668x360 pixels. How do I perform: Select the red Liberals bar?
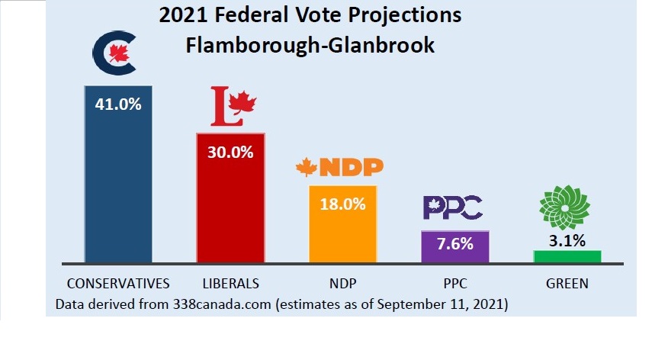point(230,206)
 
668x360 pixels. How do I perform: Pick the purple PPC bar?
point(455,246)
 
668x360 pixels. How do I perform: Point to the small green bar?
point(567,256)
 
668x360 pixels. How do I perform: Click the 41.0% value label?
point(118,104)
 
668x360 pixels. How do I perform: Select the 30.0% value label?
point(230,152)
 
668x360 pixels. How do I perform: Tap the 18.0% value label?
point(342,204)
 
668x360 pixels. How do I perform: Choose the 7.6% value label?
point(455,245)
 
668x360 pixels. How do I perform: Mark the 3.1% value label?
point(567,242)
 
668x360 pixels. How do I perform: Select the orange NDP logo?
point(339,167)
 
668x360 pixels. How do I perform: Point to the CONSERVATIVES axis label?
point(118,283)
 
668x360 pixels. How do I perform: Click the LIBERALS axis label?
point(230,283)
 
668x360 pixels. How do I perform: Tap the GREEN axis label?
point(567,283)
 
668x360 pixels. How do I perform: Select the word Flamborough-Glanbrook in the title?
point(310,45)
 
